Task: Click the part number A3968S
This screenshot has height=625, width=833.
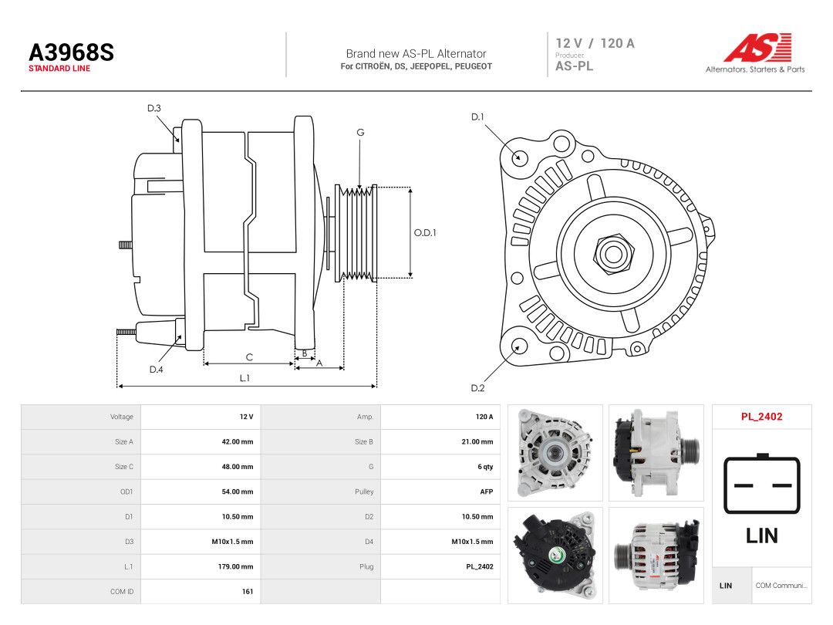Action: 71,52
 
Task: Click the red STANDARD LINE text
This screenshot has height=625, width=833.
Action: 59,69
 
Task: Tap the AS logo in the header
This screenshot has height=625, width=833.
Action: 757,48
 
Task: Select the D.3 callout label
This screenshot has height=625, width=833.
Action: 154,109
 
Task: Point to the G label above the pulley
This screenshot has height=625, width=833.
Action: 360,133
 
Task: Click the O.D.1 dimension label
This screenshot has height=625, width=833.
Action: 425,233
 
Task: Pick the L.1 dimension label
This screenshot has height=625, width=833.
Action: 245,378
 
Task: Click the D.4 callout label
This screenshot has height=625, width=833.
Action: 156,370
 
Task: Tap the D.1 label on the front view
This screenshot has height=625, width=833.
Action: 477,117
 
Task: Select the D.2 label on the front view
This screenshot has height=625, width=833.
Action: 477,388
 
